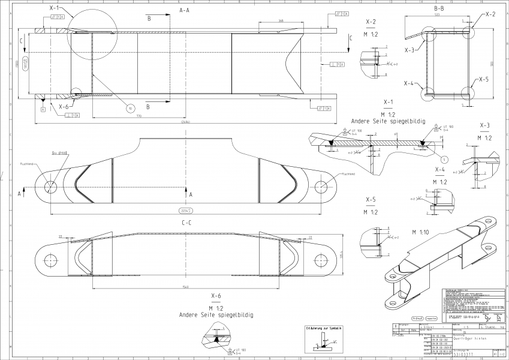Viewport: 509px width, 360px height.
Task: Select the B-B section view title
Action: tap(438, 9)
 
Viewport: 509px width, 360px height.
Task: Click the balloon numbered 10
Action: tap(130, 109)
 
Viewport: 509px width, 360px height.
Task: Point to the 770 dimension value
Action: tap(138, 115)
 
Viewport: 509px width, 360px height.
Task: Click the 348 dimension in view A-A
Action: tap(281, 20)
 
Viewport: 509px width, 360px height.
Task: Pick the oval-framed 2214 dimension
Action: tap(186, 210)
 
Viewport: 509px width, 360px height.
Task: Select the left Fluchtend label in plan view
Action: tap(26, 162)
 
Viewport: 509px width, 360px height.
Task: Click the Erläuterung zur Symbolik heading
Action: tap(323, 328)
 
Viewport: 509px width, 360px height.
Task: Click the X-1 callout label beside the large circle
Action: tap(53, 9)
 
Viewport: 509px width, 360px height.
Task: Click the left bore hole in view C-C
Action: tap(50, 260)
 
